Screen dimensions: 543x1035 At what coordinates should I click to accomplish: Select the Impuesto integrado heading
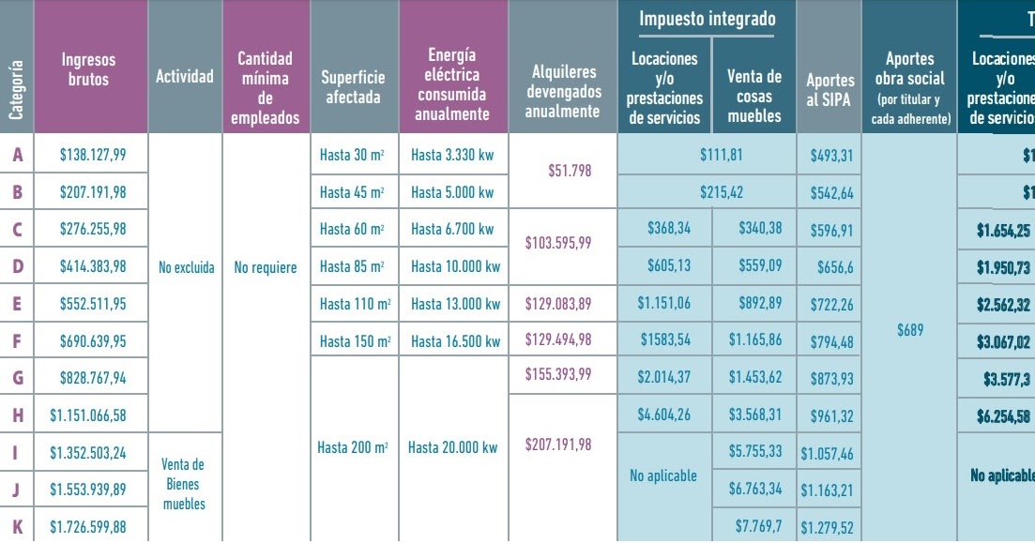coord(708,19)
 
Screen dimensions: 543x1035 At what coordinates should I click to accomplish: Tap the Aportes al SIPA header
coord(830,90)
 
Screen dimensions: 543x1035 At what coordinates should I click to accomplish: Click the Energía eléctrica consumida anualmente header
coord(453,84)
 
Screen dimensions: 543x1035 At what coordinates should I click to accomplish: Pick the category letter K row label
coord(17,526)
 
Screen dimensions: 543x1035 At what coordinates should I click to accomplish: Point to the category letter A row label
coord(17,155)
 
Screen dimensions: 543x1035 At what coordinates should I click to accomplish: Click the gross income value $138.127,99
coord(92,155)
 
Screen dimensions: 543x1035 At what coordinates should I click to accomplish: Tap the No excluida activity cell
coord(186,268)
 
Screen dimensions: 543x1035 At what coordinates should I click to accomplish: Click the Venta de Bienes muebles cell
coord(183,484)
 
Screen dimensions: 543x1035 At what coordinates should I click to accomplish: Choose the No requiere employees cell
coord(266,268)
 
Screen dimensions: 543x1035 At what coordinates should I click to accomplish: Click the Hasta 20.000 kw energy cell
coord(452,447)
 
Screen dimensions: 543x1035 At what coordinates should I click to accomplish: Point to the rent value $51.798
coord(569,172)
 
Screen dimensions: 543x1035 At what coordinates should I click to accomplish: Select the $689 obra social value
coord(909,330)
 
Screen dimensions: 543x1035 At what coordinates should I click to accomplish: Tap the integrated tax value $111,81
coord(721,155)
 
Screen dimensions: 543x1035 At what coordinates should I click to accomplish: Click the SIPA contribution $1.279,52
coord(827,527)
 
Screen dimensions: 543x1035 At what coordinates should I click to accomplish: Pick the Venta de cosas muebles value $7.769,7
coord(754,526)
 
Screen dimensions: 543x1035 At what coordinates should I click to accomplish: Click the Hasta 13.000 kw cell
coord(453,304)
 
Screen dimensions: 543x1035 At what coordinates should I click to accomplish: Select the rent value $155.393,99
coord(558,374)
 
